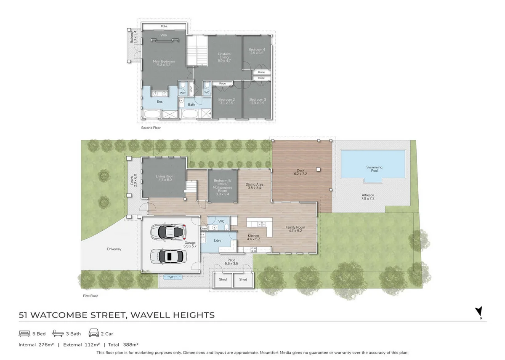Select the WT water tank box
pos(172,277)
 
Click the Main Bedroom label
pos(164,63)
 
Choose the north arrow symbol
pos(478,312)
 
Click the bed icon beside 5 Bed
pos(24,334)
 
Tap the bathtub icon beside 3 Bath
pos(58,334)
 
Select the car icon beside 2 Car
pos(93,334)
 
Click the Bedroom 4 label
pos(256,51)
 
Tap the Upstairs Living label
pos(224,57)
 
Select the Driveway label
pos(114,249)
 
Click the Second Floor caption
pos(151,128)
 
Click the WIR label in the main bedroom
pos(164,36)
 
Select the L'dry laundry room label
pos(218,240)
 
